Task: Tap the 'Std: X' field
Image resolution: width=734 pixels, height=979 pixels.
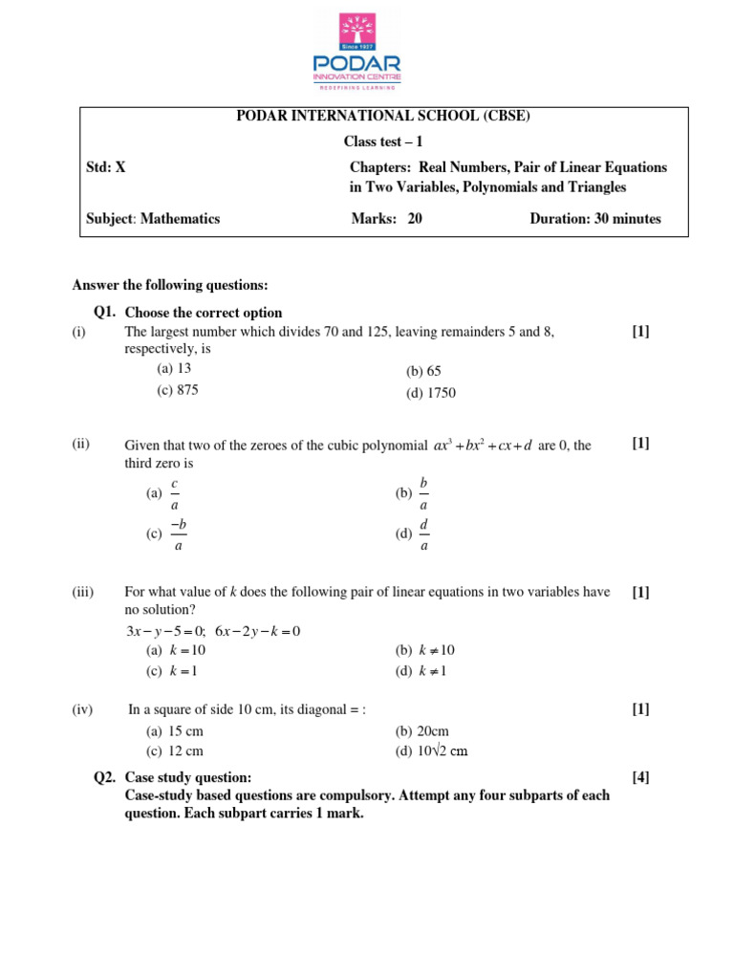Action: [x=106, y=167]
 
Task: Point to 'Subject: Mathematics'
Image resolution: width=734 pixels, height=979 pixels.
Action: [x=153, y=219]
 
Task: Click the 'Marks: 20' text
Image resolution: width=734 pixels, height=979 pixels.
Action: [x=386, y=219]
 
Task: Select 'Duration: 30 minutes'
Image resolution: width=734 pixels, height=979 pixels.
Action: [x=594, y=219]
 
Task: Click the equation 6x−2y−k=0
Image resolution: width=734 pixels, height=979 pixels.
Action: [x=258, y=632]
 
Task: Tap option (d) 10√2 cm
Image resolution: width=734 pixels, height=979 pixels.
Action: [x=432, y=751]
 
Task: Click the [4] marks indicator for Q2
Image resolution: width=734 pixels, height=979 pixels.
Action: [x=640, y=778]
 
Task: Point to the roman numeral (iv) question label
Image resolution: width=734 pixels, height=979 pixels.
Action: [x=81, y=709]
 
